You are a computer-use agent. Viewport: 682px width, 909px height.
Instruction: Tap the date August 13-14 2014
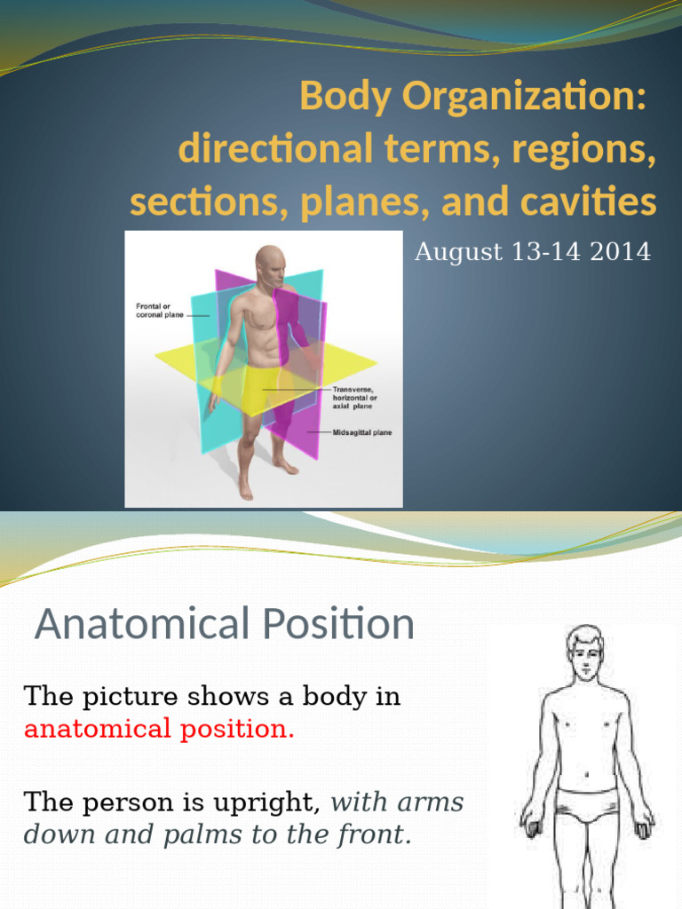click(x=533, y=253)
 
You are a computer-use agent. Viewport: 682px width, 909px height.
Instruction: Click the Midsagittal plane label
click(x=361, y=432)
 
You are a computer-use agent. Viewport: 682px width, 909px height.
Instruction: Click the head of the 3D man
click(x=270, y=266)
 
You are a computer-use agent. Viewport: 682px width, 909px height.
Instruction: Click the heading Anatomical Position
click(x=224, y=624)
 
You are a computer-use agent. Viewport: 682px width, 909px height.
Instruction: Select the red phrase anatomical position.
click(x=158, y=730)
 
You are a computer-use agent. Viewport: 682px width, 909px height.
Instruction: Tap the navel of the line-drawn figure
click(x=585, y=763)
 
